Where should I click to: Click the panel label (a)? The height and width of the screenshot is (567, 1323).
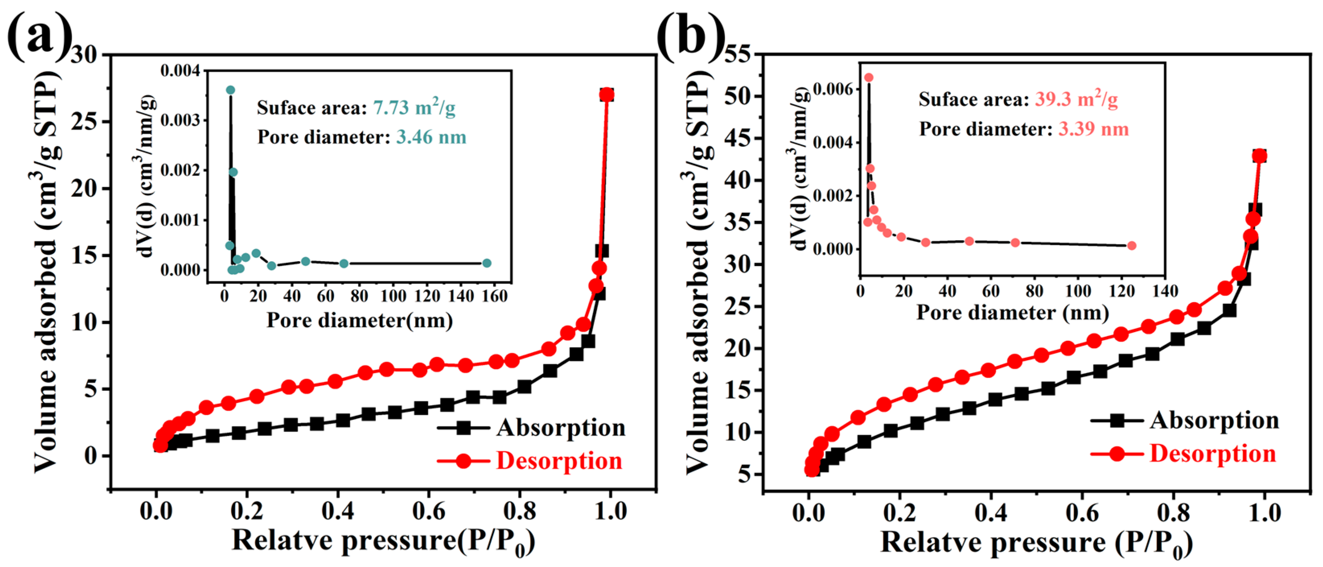39,35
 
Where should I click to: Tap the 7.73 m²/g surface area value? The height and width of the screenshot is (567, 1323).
414,107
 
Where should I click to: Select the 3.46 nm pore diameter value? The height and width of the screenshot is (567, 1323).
431,137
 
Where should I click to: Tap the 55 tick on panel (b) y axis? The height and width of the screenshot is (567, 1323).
738,54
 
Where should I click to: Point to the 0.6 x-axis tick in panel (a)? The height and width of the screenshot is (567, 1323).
428,511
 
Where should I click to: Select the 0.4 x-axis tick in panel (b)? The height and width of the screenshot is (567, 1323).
990,513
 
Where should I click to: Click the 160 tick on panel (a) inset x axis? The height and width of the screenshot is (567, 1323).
494,296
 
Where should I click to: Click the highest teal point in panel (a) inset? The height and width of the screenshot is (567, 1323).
230,90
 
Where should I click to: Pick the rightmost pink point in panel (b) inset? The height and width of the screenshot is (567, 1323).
1132,246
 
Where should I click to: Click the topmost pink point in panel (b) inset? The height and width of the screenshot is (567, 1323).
869,78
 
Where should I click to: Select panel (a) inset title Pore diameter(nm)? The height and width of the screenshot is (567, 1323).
360,320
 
